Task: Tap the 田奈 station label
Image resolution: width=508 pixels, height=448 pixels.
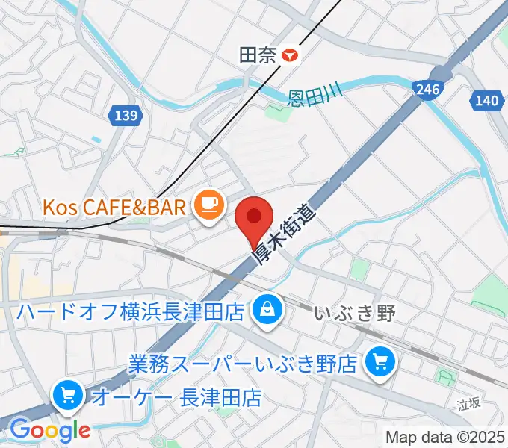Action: [x=256, y=55]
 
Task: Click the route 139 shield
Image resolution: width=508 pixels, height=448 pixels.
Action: [x=126, y=115]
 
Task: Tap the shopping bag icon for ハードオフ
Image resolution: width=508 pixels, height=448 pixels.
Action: [x=266, y=307]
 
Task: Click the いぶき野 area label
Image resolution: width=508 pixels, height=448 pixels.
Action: [x=354, y=313]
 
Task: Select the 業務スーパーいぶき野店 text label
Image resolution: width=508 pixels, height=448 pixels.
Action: [x=242, y=364]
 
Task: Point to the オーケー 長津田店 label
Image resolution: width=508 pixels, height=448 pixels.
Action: [x=176, y=397]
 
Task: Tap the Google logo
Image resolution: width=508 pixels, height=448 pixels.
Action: [x=49, y=430]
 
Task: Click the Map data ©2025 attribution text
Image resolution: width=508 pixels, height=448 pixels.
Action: [x=444, y=437]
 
